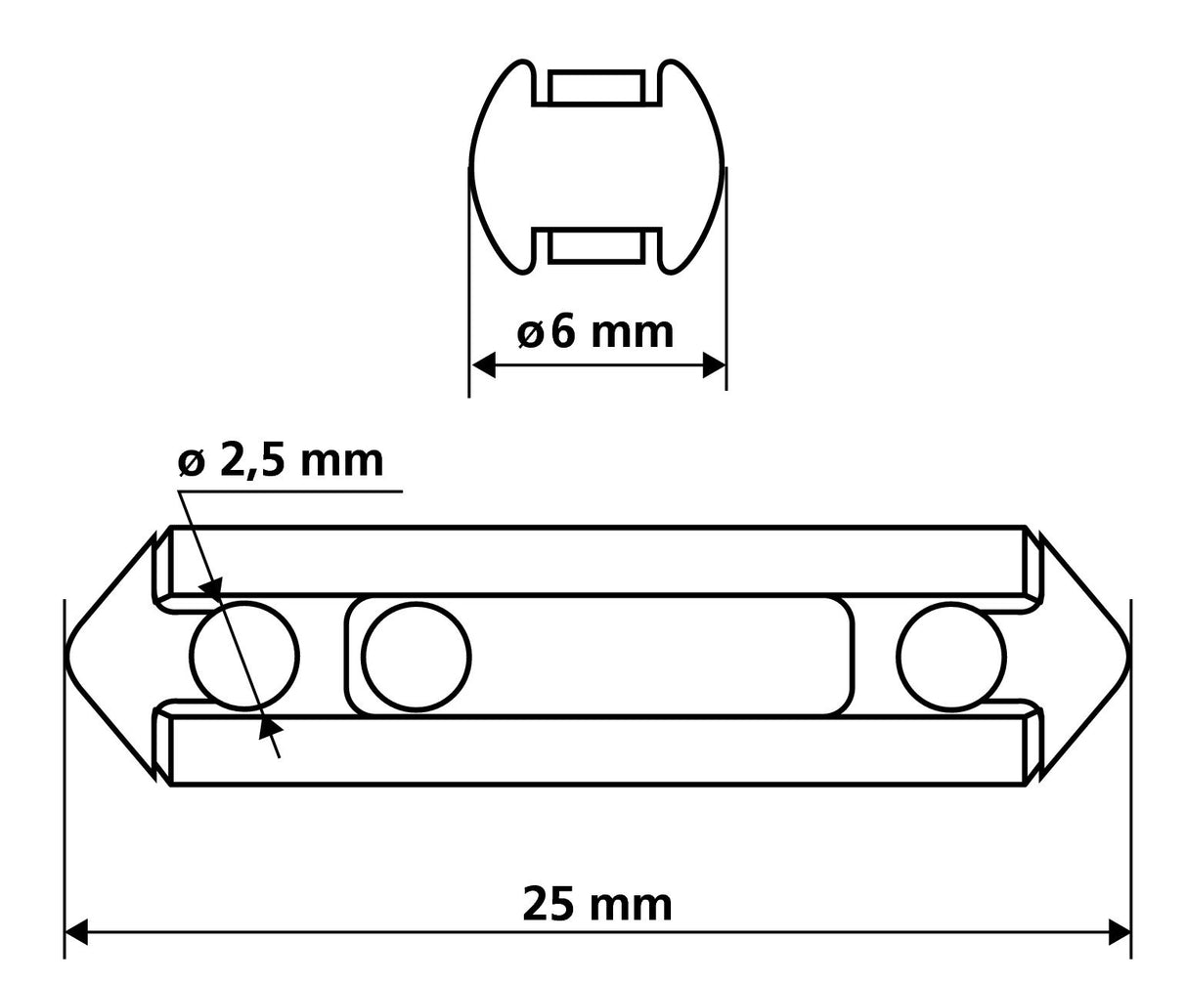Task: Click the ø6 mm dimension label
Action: pyautogui.click(x=595, y=332)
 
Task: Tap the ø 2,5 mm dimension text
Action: pyautogui.click(x=282, y=459)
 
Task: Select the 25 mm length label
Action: pyautogui.click(x=597, y=905)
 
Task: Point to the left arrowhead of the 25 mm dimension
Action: pyautogui.click(x=76, y=932)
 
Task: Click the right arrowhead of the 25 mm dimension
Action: pyautogui.click(x=1119, y=932)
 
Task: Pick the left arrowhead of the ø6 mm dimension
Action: pyautogui.click(x=483, y=366)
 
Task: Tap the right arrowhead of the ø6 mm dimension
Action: pyautogui.click(x=714, y=366)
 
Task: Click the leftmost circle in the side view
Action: pyautogui.click(x=244, y=656)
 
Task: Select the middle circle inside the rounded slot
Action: pyautogui.click(x=416, y=656)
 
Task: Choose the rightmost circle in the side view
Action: pyautogui.click(x=951, y=656)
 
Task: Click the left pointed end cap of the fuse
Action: pyautogui.click(x=110, y=656)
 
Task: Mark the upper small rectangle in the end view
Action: pyautogui.click(x=596, y=87)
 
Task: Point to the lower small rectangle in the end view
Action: pyautogui.click(x=596, y=246)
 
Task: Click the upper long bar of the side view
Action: pyautogui.click(x=596, y=560)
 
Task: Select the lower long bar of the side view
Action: pyautogui.click(x=596, y=750)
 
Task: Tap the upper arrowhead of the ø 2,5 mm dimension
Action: pyautogui.click(x=209, y=588)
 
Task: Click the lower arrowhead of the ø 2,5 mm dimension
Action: pyautogui.click(x=271, y=726)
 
